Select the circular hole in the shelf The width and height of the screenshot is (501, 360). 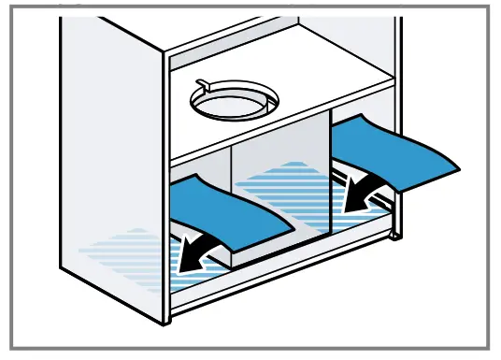tap(234, 103)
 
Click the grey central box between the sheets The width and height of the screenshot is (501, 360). tap(280, 164)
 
